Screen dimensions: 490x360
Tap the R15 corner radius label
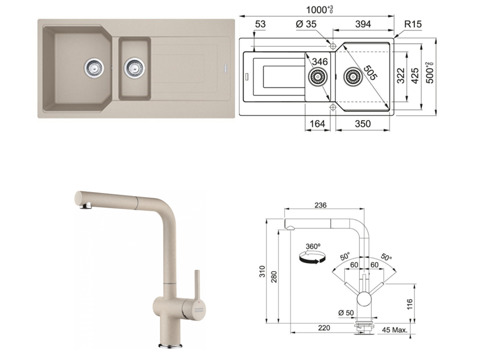coord(412,24)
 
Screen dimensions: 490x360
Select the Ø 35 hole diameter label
coord(306,24)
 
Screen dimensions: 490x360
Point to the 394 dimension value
coord(363,24)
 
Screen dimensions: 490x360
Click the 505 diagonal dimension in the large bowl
coord(370,73)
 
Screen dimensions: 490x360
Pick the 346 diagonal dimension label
coord(319,61)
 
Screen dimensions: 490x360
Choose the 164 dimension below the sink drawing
coord(317,124)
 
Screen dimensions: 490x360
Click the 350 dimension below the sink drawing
coord(362,124)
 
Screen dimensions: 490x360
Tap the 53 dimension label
coord(260,24)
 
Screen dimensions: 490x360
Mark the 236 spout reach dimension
coord(320,205)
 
